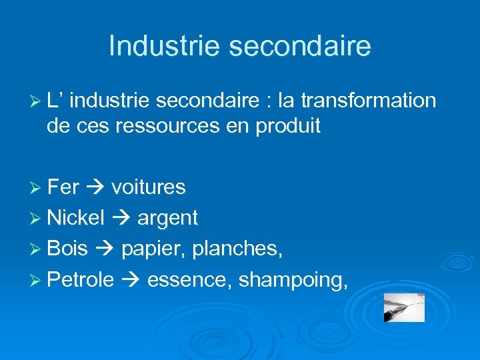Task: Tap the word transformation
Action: pos(369,101)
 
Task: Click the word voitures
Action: pos(149,187)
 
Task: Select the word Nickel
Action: pos(77,217)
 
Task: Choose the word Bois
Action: pos(68,248)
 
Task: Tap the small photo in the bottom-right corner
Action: pos(404,307)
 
